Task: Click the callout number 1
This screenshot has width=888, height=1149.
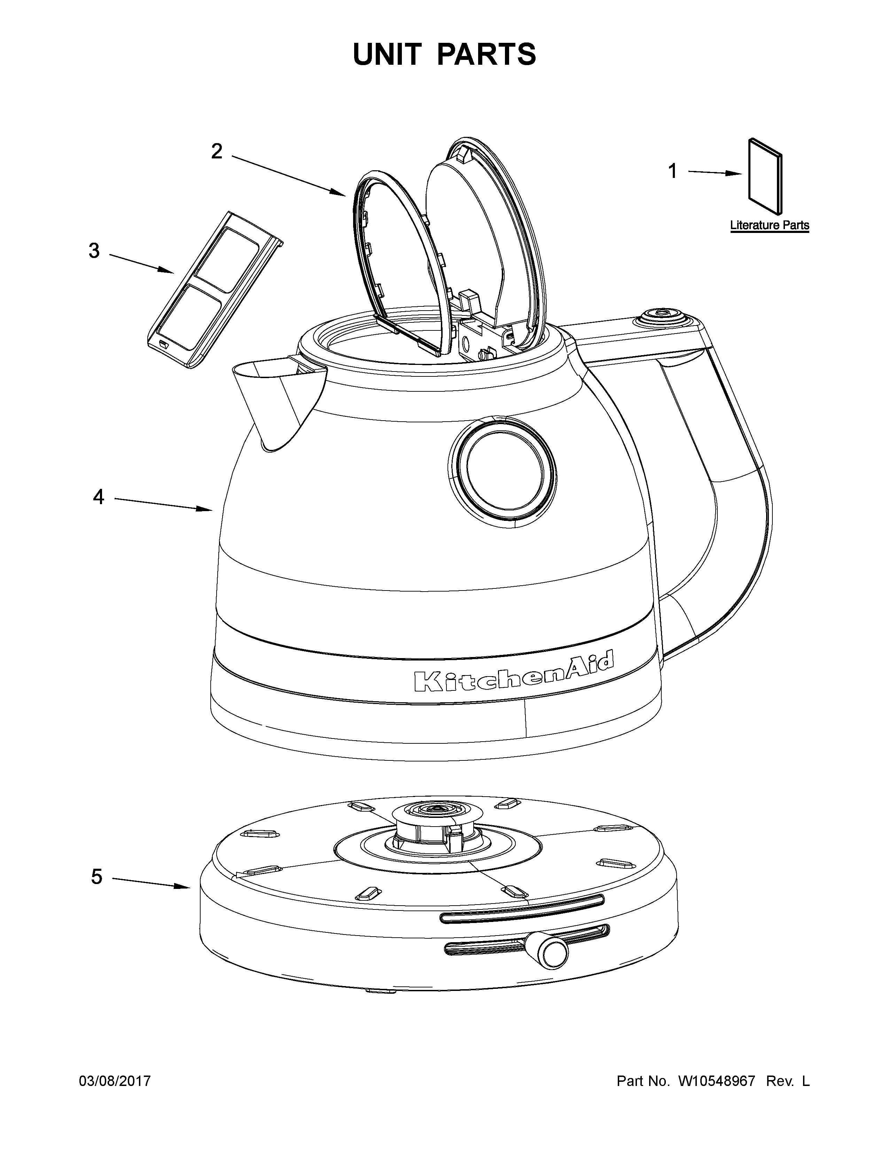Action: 672,172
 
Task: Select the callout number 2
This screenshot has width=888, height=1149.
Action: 217,151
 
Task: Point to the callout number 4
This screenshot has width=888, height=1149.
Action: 98,497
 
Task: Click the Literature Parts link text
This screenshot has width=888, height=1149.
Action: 769,226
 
